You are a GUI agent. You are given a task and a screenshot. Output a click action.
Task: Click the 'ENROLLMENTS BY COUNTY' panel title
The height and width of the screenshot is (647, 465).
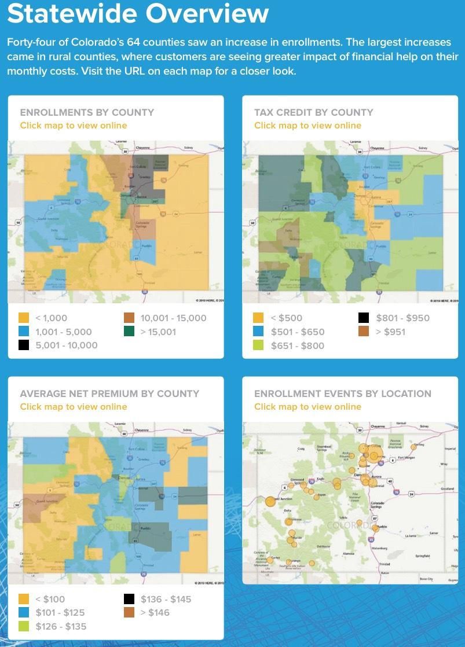coord(87,112)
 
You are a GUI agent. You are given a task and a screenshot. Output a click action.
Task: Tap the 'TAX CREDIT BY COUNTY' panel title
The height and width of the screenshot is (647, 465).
coord(313,112)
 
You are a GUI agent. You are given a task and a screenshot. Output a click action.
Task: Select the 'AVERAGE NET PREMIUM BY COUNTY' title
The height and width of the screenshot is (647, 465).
coord(109,394)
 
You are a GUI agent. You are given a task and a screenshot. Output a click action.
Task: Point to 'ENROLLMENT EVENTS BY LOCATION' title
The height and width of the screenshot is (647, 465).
coord(343,394)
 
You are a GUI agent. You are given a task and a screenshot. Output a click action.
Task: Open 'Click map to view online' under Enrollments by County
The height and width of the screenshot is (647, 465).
coord(74,126)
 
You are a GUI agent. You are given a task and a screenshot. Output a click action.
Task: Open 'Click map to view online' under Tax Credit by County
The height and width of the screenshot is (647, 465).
coord(307,126)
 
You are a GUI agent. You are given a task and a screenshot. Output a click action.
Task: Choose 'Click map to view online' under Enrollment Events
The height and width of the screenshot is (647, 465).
coord(307,407)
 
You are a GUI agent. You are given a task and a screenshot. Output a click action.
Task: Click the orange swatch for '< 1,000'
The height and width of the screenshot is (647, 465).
coord(24,318)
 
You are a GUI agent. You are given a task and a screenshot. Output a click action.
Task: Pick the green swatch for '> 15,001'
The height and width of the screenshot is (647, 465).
coord(129,332)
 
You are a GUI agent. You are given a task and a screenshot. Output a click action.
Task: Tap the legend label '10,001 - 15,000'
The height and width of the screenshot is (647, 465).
coord(173,318)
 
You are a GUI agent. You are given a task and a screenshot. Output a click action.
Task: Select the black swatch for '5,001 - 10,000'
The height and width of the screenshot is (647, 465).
coord(24,345)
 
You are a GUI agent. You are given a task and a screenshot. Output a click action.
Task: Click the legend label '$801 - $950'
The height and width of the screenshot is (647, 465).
coord(403,318)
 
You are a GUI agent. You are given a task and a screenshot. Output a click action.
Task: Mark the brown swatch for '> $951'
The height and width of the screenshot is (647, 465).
coord(363,332)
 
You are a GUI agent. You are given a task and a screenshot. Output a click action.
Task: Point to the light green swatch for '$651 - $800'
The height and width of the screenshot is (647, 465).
coord(258,345)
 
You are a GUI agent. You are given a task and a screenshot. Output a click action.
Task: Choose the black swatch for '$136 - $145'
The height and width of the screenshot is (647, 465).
coord(129,599)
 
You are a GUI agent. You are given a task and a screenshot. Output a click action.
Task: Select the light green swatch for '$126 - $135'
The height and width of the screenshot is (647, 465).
coord(24,626)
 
